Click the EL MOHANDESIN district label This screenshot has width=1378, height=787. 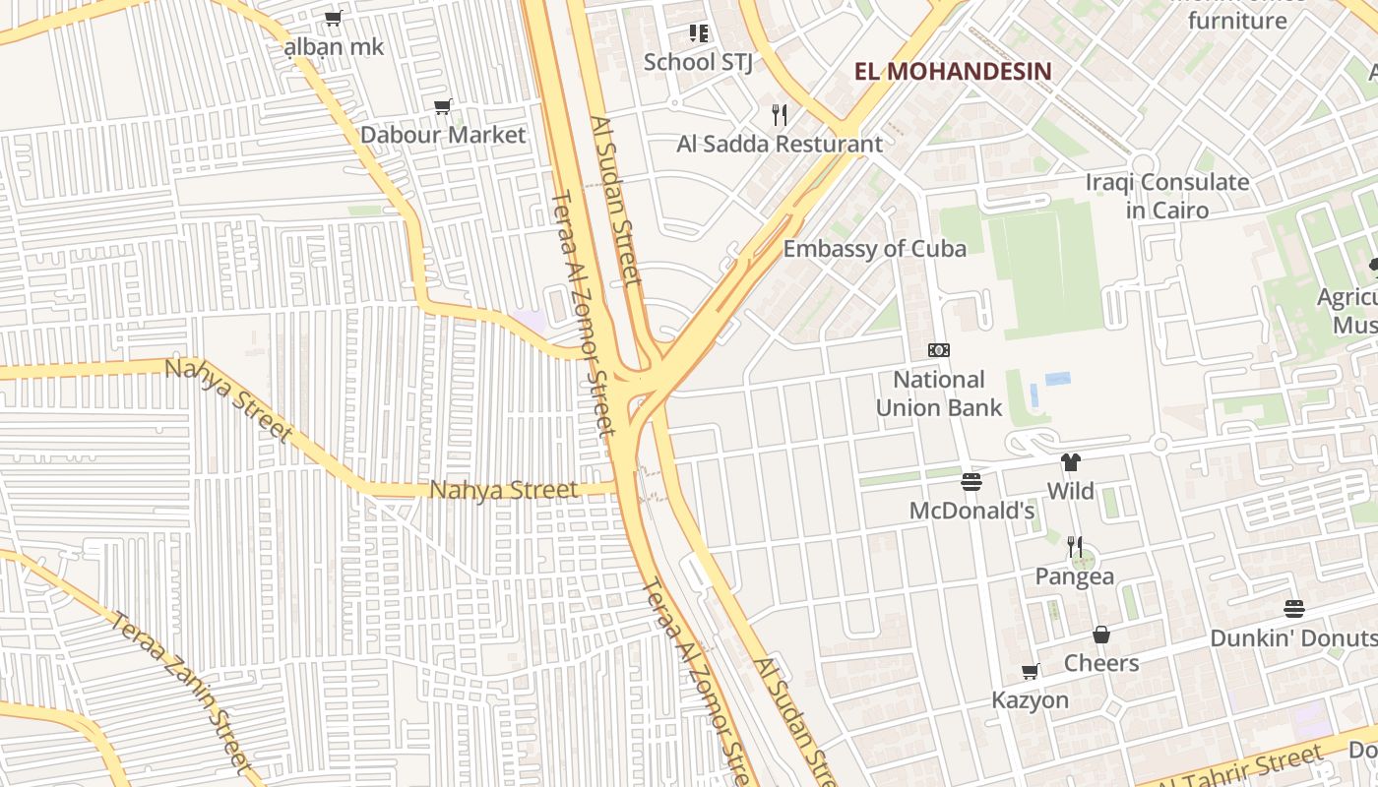(953, 71)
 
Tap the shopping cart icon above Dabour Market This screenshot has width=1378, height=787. (443, 106)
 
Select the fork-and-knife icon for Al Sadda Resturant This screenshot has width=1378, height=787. (780, 115)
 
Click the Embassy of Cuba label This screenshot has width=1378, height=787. (874, 249)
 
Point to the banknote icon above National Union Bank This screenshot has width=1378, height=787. (939, 350)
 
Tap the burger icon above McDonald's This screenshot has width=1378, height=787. (971, 482)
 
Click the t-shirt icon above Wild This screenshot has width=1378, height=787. (1071, 462)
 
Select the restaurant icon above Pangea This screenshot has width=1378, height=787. (1075, 547)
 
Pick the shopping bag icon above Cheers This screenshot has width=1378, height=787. (1101, 635)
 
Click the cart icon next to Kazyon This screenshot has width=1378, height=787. (1031, 672)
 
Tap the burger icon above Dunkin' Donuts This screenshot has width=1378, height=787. (1294, 609)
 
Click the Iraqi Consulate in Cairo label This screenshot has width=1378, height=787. (1167, 196)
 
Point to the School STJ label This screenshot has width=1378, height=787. (698, 62)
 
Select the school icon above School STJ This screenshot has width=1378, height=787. (699, 33)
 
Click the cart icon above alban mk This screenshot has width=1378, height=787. (334, 18)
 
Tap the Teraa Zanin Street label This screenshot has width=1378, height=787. (183, 689)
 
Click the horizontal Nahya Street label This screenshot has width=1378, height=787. (504, 489)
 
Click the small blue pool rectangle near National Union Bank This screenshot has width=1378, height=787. (1058, 379)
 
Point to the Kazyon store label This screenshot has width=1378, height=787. (1030, 700)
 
